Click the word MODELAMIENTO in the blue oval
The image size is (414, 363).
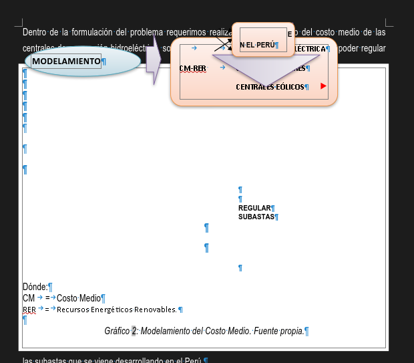tap(66, 62)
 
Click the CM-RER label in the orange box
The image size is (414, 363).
tap(192, 68)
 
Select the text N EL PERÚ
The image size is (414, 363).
tap(257, 45)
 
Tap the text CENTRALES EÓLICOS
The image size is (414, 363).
tap(270, 87)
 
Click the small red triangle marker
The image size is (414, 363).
tap(324, 86)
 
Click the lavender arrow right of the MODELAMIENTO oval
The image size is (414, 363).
tap(154, 62)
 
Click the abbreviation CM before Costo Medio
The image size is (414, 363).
tap(28, 297)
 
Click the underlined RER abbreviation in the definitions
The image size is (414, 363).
tap(29, 310)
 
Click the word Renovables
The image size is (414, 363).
tap(158, 310)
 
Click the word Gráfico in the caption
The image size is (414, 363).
tap(116, 331)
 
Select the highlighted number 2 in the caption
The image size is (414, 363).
tap(134, 331)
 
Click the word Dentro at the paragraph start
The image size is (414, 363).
tap(35, 32)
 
